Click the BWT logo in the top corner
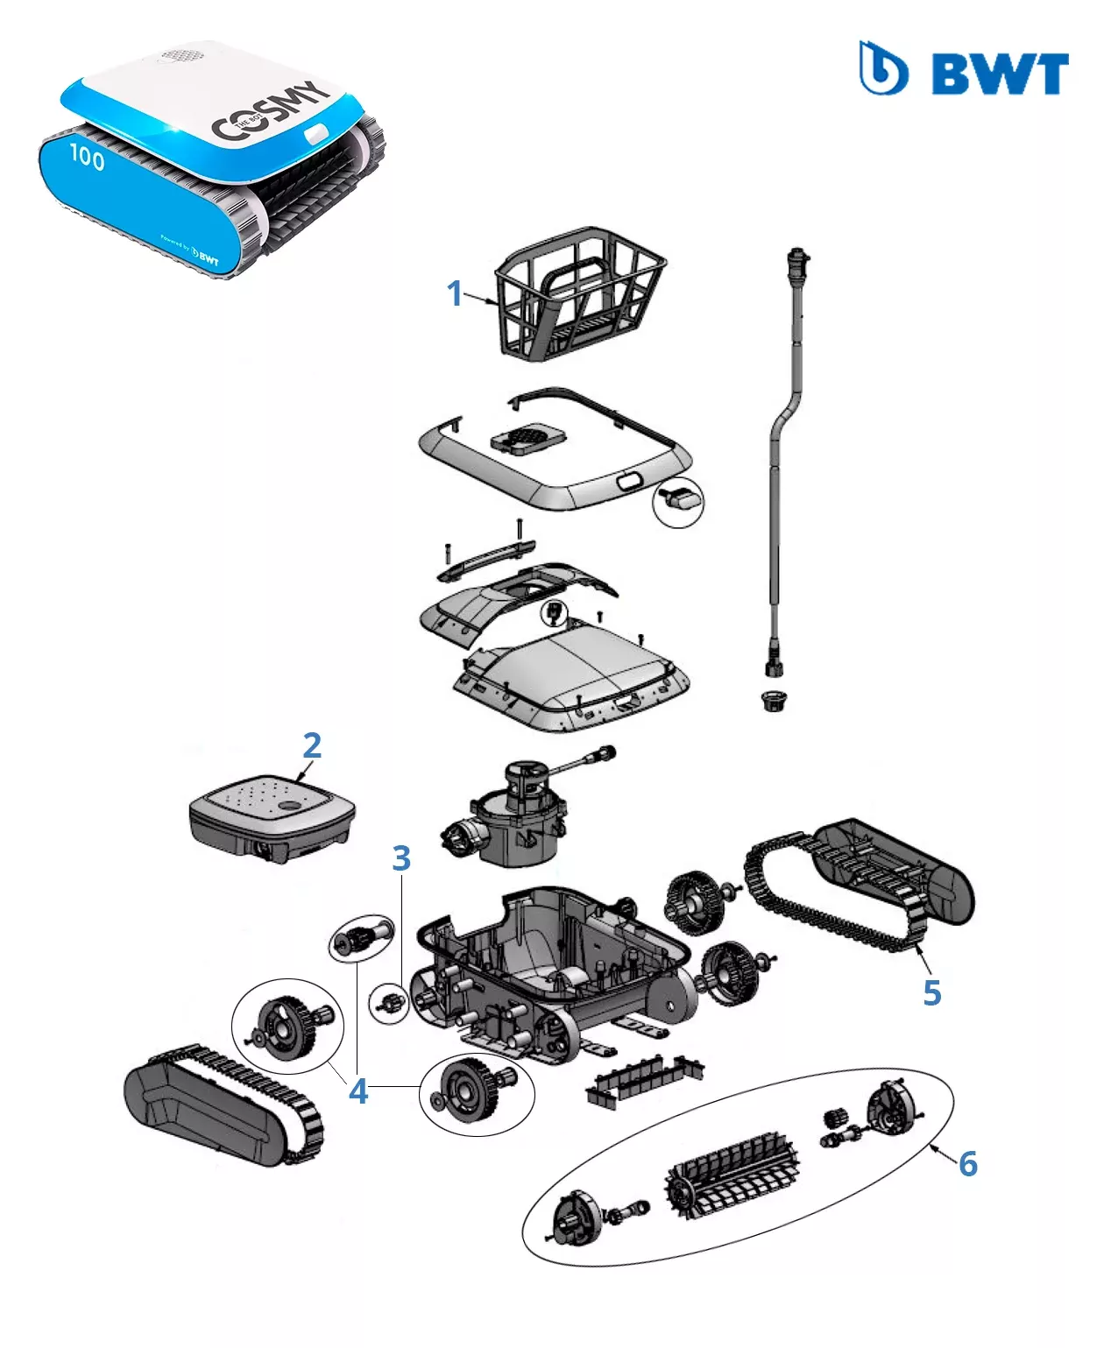pyautogui.click(x=964, y=69)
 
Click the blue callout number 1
pyautogui.click(x=454, y=293)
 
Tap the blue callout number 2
pyautogui.click(x=312, y=745)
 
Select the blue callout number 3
pyautogui.click(x=401, y=858)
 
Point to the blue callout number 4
pyautogui.click(x=358, y=1091)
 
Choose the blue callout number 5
pyautogui.click(x=932, y=992)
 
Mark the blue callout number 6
pyautogui.click(x=967, y=1163)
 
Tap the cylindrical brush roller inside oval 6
pyautogui.click(x=732, y=1175)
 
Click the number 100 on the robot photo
pyautogui.click(x=87, y=157)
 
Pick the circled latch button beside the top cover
pyautogui.click(x=680, y=500)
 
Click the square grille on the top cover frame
pyautogui.click(x=526, y=436)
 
